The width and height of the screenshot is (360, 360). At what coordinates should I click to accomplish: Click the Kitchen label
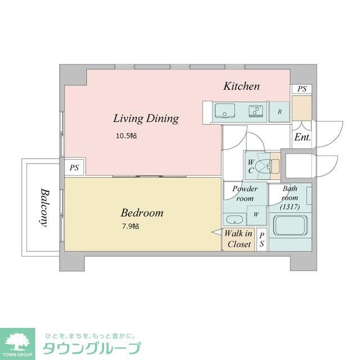click(241, 86)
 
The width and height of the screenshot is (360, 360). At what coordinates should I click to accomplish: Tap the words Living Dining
click(146, 119)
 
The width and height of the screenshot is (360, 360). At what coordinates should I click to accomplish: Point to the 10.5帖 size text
click(127, 136)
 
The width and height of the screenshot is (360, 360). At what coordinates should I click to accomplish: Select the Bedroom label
click(142, 213)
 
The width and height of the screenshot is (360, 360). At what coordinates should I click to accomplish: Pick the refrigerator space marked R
click(279, 111)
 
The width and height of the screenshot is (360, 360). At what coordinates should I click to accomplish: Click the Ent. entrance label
click(303, 137)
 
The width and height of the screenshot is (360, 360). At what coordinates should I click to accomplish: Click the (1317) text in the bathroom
click(290, 206)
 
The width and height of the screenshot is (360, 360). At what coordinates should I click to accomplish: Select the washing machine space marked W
click(256, 215)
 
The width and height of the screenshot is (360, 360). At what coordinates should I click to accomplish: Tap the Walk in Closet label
click(238, 238)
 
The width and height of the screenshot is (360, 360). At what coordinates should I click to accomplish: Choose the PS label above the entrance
click(302, 89)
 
